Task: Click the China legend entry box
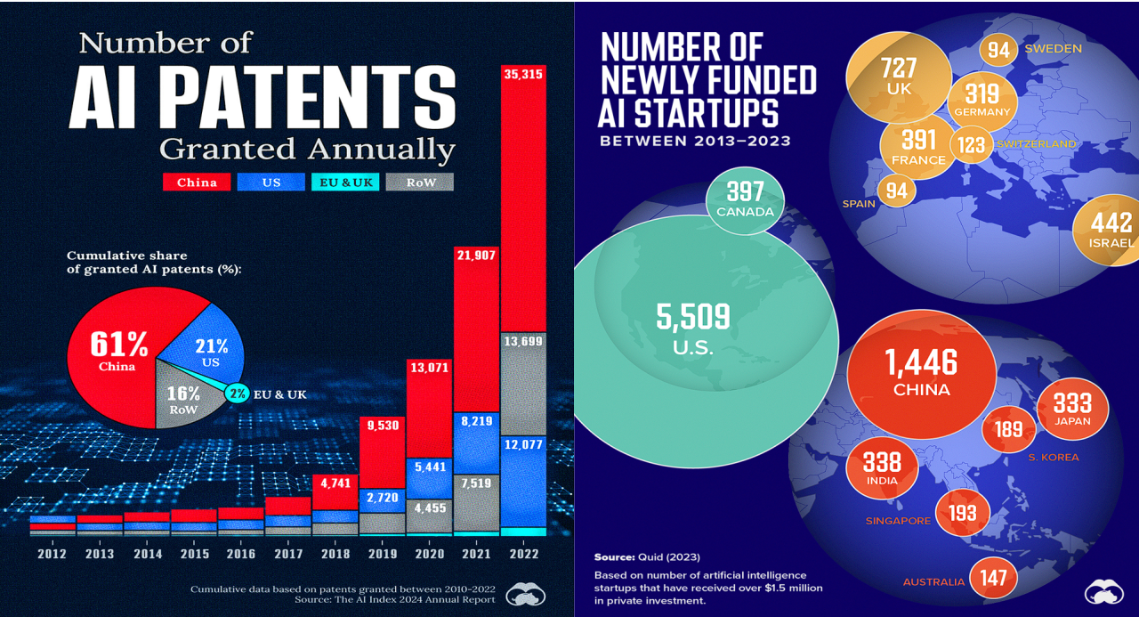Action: (x=197, y=182)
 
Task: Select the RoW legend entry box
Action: (x=419, y=182)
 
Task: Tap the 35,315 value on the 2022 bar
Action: (x=523, y=73)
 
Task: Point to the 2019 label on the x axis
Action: (x=382, y=554)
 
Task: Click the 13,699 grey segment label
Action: (x=523, y=341)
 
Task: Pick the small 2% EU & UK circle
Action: (x=237, y=392)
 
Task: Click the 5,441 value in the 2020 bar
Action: (x=429, y=465)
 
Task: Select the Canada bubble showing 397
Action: (x=746, y=199)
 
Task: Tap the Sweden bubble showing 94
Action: (x=998, y=50)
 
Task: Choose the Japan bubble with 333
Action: (x=1071, y=408)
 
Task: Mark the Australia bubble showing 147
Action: (x=994, y=579)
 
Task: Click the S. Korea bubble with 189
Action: (x=1008, y=430)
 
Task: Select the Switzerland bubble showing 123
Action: (x=973, y=144)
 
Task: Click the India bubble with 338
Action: (x=881, y=467)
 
